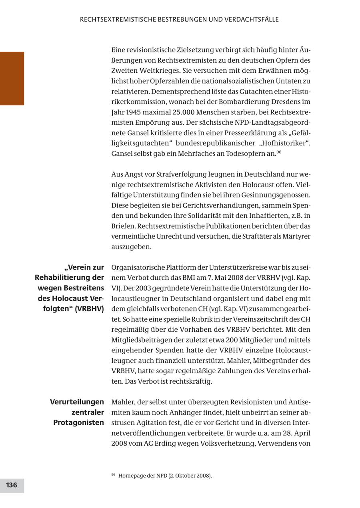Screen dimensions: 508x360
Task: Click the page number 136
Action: (12, 485)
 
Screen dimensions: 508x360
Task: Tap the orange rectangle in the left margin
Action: (12, 78)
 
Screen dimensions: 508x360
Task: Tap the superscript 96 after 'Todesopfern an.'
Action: (279, 152)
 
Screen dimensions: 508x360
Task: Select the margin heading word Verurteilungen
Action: (77, 402)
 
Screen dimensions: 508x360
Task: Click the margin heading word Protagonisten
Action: (78, 423)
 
